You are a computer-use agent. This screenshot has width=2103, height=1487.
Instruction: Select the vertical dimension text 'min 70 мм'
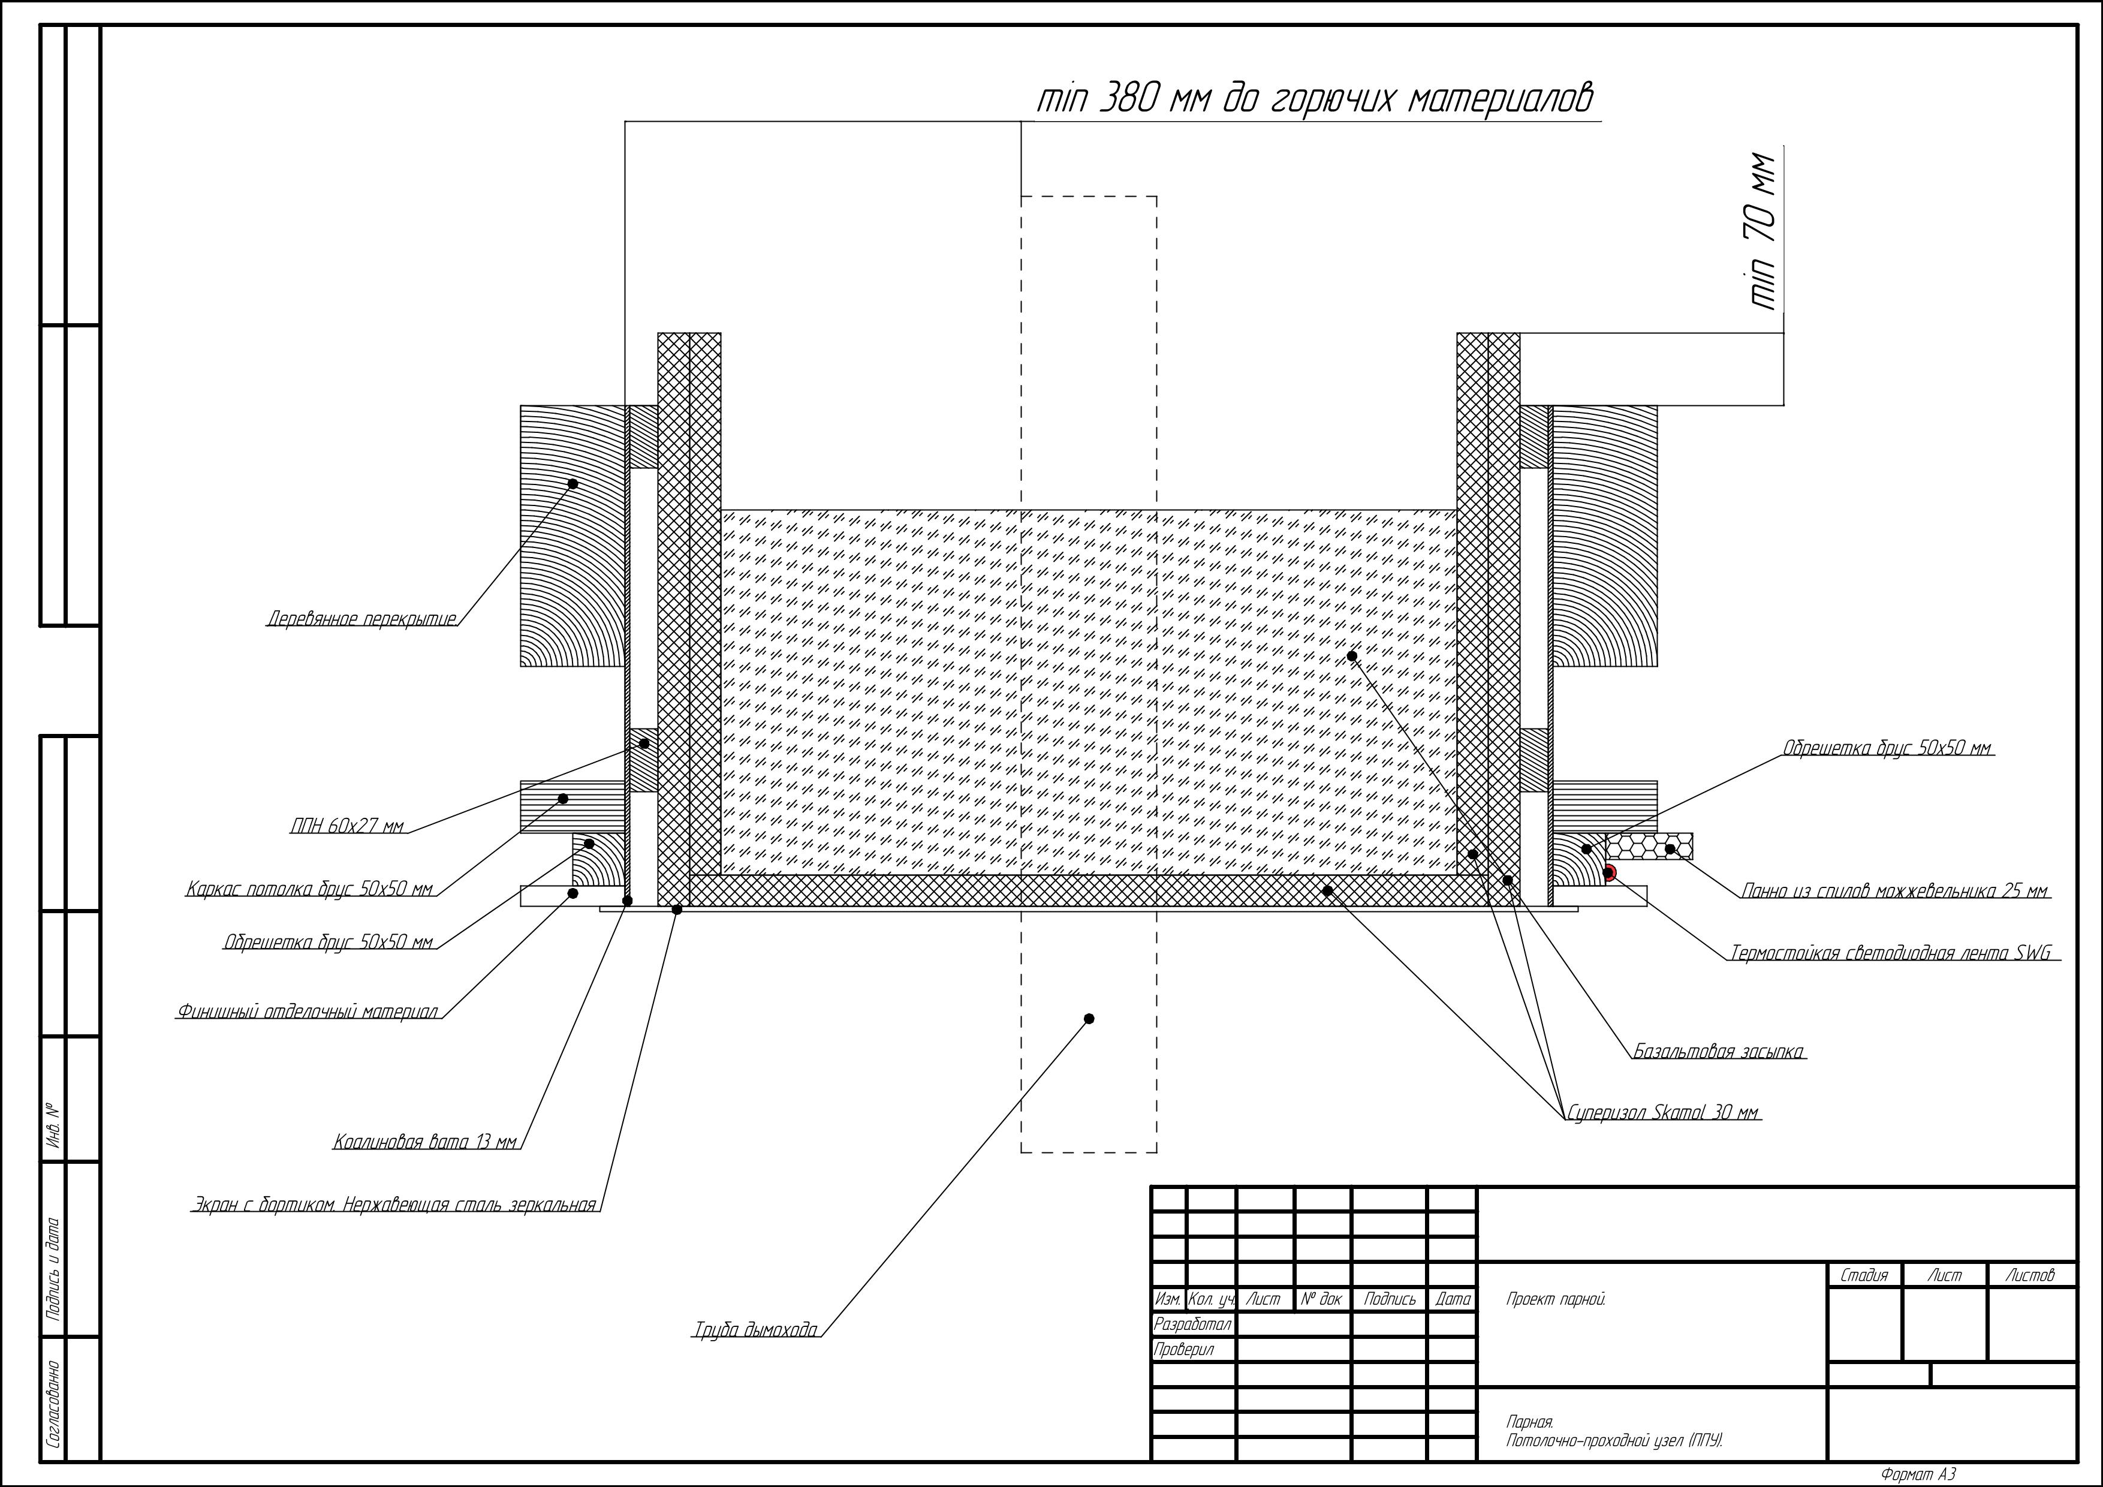(x=1762, y=230)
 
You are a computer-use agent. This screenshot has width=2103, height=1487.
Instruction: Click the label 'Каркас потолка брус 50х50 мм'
(x=309, y=889)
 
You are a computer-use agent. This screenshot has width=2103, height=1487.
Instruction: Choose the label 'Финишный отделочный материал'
(x=308, y=1012)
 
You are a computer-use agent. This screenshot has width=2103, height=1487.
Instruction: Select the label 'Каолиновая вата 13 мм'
(x=425, y=1142)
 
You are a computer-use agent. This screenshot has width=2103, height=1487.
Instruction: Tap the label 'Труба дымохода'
(x=755, y=1329)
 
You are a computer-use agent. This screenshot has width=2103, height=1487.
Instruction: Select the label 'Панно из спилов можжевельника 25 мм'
(x=1894, y=890)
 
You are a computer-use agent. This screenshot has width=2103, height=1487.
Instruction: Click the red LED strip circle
(x=1609, y=872)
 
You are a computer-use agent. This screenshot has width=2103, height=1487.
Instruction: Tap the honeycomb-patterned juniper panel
(x=1649, y=845)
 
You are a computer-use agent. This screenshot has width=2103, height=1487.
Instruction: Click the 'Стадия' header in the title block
(x=1864, y=1274)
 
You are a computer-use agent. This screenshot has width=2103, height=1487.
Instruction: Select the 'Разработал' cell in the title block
(x=1192, y=1324)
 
